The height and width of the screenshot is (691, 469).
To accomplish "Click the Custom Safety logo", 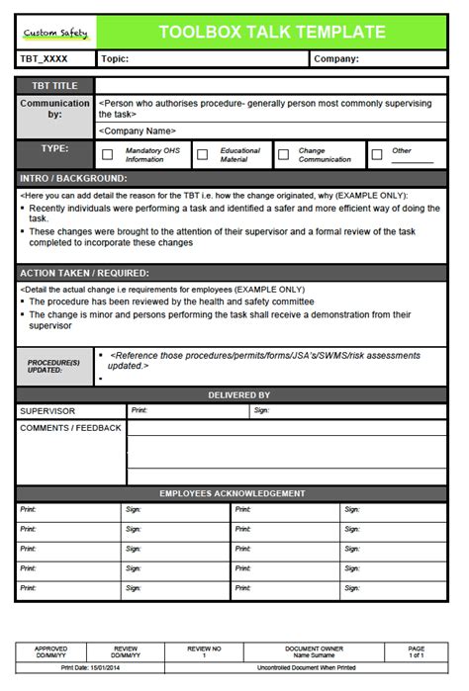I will (55, 33).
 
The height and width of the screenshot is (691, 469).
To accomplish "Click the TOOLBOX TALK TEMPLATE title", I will (272, 32).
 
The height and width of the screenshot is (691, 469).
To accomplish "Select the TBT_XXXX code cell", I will (45, 59).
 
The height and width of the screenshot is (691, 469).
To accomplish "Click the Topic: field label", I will (115, 59).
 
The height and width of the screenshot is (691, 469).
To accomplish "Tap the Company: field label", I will (336, 59).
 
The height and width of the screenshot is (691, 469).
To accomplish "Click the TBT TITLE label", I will (54, 86).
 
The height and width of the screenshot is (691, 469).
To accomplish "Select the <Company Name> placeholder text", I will (138, 130).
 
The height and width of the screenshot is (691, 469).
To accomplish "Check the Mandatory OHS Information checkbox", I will (108, 154).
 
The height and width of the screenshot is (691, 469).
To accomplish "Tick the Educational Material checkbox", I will (203, 154).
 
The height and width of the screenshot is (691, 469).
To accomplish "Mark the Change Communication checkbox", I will (283, 154).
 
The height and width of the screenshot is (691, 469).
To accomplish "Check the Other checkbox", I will (376, 154).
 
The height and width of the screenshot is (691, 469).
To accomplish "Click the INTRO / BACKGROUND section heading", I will (73, 179).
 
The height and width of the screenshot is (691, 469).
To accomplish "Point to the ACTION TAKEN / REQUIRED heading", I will (84, 273).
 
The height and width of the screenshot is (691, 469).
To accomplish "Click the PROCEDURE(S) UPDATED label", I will (54, 367).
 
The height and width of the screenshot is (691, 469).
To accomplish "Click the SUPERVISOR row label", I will (47, 410).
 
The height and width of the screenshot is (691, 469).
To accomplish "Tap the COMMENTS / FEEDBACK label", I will (70, 428).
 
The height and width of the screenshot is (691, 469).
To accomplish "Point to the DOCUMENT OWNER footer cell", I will (314, 649).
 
